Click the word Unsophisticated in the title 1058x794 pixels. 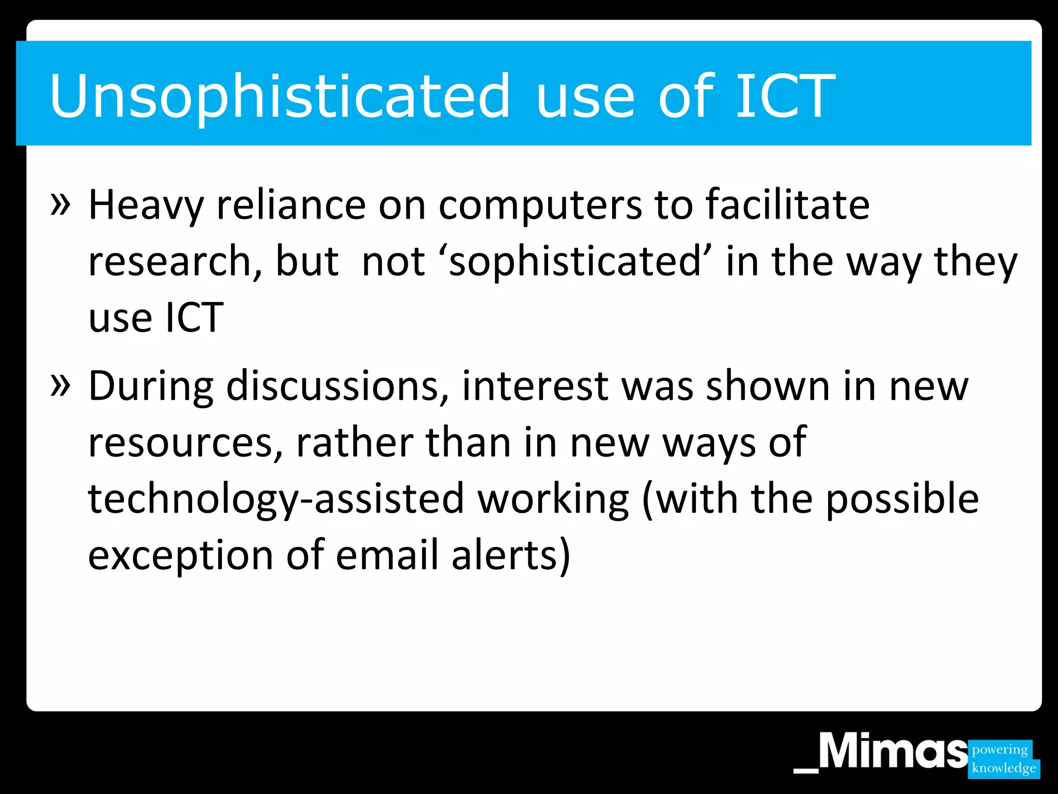point(279,97)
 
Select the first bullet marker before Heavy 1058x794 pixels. point(60,204)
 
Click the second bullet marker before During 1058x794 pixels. point(60,385)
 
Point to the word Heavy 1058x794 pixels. point(146,206)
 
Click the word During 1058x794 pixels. point(151,387)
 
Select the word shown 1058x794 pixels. point(768,387)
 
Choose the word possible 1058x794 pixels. point(902,499)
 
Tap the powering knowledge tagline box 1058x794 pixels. point(1003,759)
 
